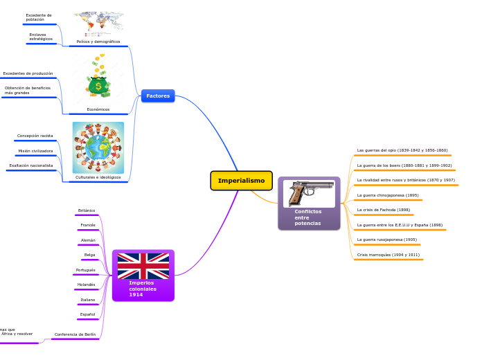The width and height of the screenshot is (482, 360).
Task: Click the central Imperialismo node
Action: pos(241,181)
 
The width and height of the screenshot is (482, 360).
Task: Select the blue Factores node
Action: pos(158,96)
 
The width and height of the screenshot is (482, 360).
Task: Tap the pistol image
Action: pos(309,194)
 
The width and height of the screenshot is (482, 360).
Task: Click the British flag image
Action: pos(143,266)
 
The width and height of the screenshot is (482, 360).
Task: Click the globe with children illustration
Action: pos(98,147)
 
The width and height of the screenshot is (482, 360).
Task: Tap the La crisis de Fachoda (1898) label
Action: pos(383,210)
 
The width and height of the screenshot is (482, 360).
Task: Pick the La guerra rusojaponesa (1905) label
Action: pos(386,240)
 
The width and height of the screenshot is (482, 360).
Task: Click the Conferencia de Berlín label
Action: pos(75,334)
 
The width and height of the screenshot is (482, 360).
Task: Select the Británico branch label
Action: pos(87,210)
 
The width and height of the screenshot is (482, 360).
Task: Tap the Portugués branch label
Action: pos(86,270)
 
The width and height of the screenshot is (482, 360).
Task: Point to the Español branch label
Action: pos(87,314)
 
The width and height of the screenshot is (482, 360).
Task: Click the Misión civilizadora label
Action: pos(35,150)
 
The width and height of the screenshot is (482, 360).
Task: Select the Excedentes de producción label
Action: pos(28,73)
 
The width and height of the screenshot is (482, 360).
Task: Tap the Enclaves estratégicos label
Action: pos(41,37)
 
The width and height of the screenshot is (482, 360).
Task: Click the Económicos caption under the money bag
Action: pos(98,109)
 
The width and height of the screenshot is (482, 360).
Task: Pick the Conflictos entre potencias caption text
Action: pos(307,217)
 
